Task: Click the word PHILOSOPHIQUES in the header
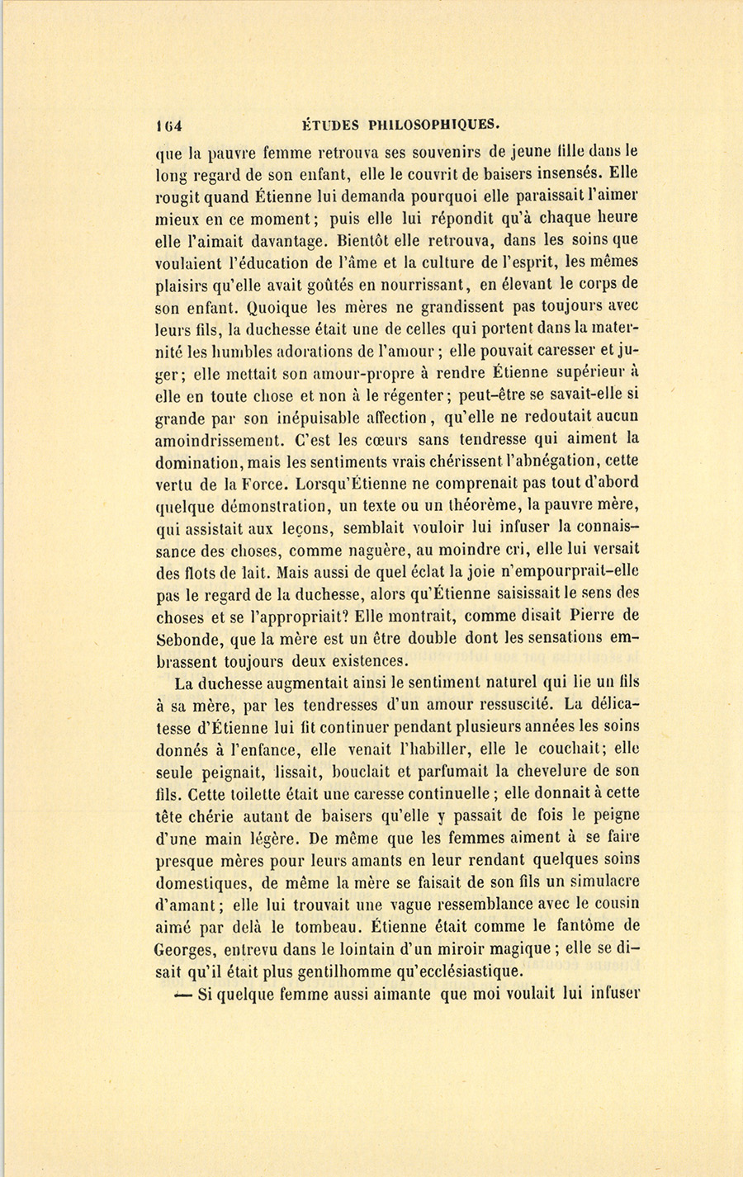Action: tap(434, 125)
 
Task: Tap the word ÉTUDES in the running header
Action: tap(330, 125)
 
